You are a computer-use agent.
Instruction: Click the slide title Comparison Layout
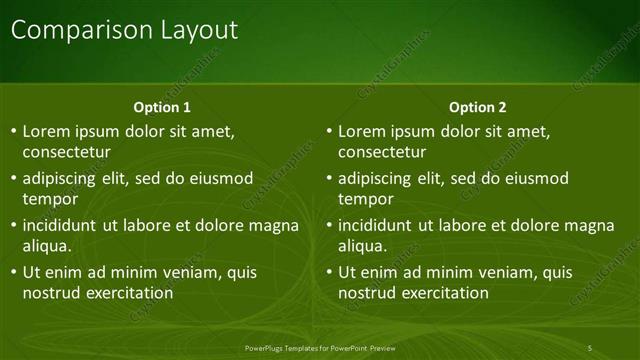(124, 30)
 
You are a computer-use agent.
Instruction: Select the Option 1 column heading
(162, 107)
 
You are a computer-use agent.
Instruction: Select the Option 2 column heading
(478, 107)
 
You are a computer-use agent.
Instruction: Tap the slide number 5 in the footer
(590, 347)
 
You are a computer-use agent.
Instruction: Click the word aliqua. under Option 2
(362, 246)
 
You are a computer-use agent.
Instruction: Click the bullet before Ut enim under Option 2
(330, 272)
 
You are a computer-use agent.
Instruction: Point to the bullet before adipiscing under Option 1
(14, 179)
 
